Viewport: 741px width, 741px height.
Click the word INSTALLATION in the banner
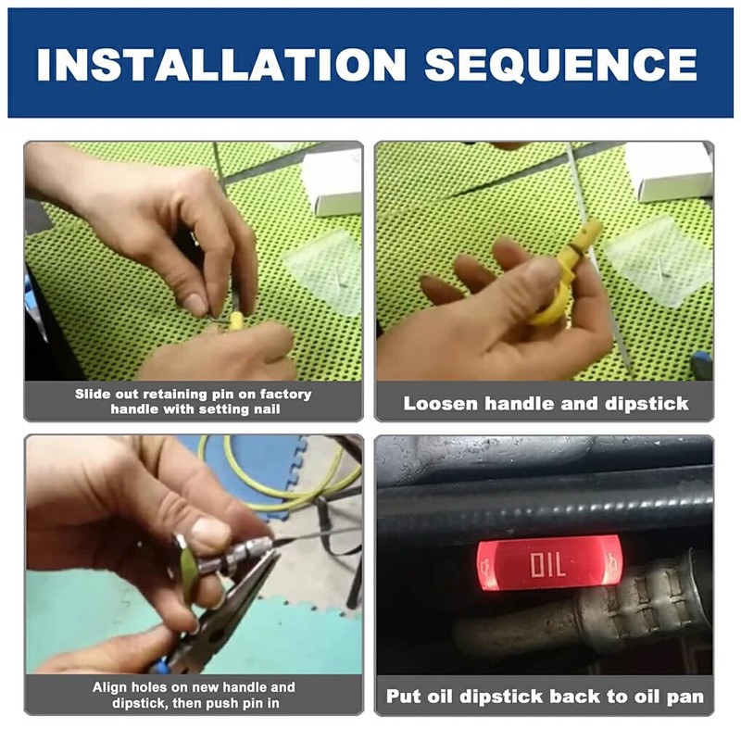(221, 65)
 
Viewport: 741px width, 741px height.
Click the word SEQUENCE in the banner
(560, 65)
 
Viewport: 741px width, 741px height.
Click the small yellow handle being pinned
(235, 320)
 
